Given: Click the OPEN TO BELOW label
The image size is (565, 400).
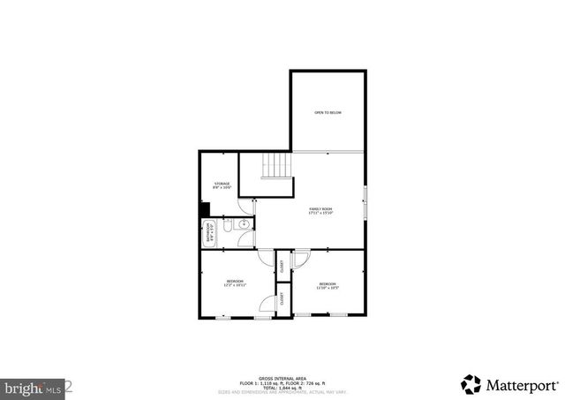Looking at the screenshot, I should coord(328,113).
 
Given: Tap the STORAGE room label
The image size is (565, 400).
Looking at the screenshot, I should coord(222,185).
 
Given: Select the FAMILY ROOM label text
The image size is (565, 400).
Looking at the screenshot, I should coord(320,210).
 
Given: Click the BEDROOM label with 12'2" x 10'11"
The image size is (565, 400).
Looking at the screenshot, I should coord(234,283).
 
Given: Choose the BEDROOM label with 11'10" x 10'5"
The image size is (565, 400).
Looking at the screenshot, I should coord(328,285).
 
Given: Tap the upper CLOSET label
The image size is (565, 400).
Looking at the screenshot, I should coord(282,267).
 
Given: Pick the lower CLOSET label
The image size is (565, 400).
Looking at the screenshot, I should coord(282,298).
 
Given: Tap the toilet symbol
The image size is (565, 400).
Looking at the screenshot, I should coord(245,223).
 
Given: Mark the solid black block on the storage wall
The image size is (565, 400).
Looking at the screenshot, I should coord(204,210).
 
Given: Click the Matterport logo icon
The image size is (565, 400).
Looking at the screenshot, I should coord(471,384).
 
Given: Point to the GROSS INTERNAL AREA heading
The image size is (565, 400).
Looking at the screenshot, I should coord(282,376).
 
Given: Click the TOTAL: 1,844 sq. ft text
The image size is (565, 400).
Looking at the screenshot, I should coord(282,386).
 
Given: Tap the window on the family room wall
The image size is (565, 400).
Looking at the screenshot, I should coord(365,206).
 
